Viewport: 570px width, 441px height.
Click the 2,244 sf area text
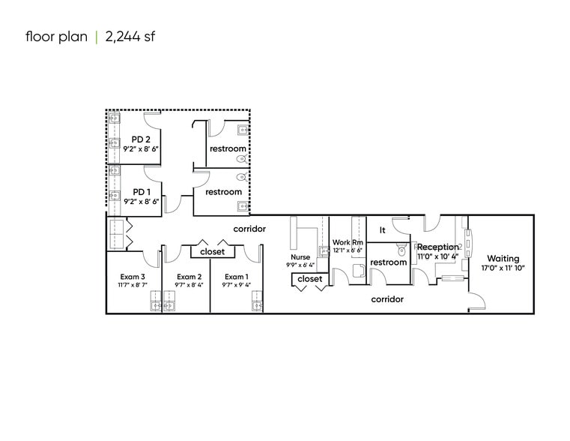click(130, 36)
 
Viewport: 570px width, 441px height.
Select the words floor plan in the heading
click(56, 36)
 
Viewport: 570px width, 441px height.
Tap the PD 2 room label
click(141, 139)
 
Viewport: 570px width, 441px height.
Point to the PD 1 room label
click(141, 192)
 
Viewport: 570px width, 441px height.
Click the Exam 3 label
click(133, 277)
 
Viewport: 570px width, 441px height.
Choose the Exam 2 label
click(189, 277)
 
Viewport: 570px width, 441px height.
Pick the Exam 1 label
click(236, 277)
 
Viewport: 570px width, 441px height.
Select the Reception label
click(437, 247)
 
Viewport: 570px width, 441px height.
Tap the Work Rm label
click(347, 242)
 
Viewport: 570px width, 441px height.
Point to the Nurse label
click(300, 256)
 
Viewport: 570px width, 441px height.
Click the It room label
click(382, 230)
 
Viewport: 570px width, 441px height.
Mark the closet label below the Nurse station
click(309, 279)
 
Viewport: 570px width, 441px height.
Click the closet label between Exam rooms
click(212, 252)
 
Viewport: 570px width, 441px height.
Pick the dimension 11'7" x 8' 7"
click(133, 285)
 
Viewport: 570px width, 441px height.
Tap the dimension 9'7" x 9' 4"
click(236, 285)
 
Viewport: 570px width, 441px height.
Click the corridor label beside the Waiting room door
click(387, 299)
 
